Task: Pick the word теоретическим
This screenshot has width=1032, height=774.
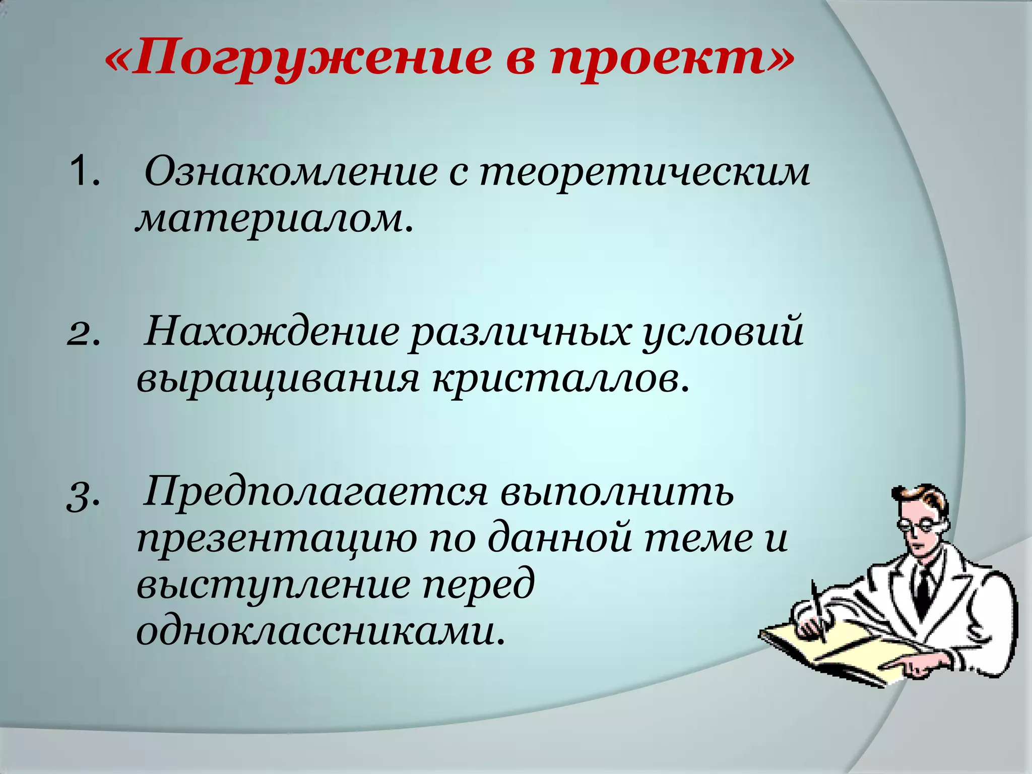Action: (644, 172)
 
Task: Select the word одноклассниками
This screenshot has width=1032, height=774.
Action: (320, 631)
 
